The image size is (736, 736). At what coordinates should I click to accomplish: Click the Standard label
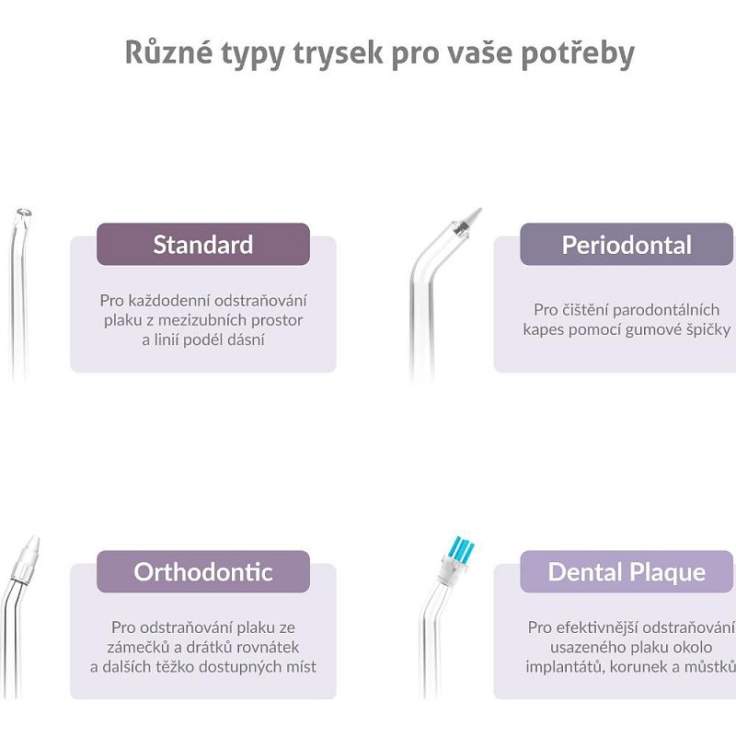(x=203, y=245)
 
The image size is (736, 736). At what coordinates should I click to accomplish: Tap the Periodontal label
(x=627, y=245)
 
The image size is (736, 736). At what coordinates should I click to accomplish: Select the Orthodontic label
(x=203, y=571)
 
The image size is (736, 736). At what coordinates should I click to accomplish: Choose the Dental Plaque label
(x=627, y=572)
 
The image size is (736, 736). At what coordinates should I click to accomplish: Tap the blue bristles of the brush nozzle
(x=461, y=547)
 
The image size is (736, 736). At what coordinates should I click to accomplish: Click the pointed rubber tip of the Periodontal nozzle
(x=473, y=216)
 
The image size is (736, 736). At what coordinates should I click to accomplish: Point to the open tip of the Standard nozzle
(x=24, y=213)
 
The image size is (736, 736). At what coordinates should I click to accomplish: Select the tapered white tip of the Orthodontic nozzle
(x=32, y=545)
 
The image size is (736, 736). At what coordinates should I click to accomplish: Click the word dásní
(x=247, y=339)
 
